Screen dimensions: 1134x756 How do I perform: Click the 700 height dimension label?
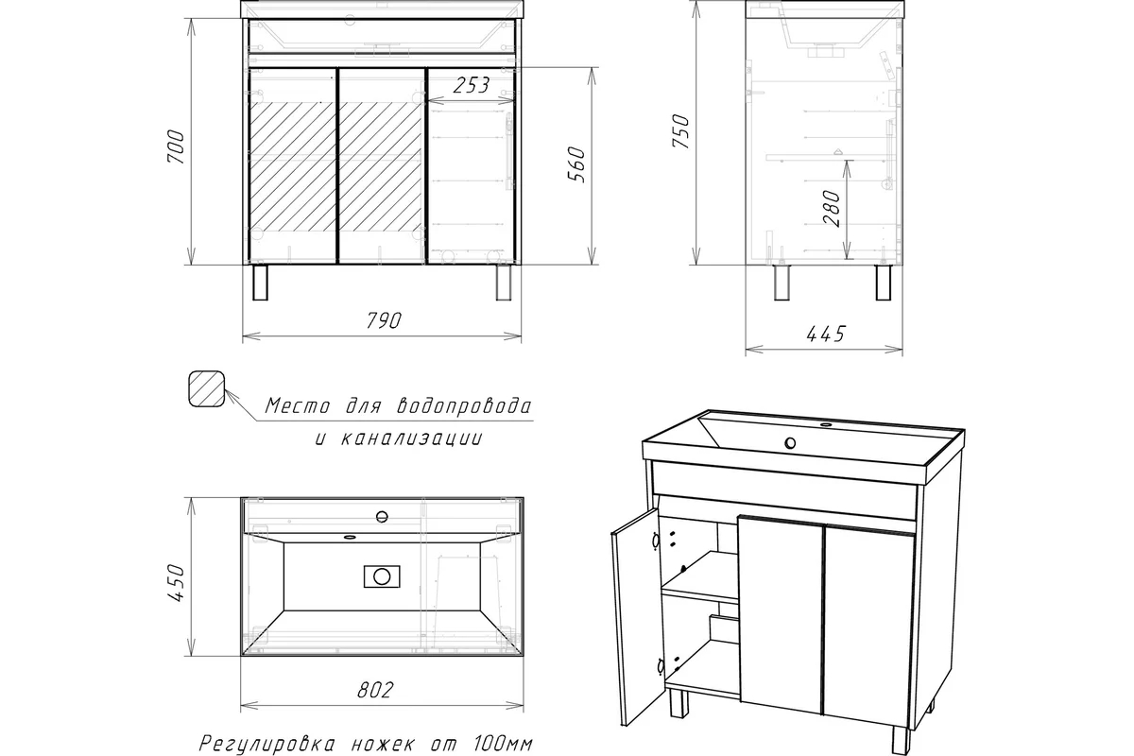[176, 146]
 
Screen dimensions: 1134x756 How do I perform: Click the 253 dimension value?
[471, 86]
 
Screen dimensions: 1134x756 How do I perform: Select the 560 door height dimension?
[576, 164]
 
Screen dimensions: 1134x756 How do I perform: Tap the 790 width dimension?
[384, 320]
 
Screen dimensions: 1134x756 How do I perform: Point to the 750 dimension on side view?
[681, 131]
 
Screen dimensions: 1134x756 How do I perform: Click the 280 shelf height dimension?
[832, 209]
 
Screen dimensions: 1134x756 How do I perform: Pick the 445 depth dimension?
[826, 334]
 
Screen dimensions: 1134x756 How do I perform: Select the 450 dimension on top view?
[176, 583]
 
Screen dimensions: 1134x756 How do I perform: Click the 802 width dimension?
[375, 690]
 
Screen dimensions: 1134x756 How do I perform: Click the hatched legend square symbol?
[207, 389]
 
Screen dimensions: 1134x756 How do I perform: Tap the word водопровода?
[464, 406]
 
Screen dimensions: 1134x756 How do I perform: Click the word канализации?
[412, 438]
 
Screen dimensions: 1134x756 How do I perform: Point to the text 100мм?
[503, 744]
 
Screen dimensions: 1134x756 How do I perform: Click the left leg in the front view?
[260, 283]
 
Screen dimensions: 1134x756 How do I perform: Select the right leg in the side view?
[884, 283]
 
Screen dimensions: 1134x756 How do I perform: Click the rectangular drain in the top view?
[382, 576]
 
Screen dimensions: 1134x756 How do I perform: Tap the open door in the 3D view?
[636, 617]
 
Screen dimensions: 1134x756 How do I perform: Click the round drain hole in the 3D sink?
[790, 443]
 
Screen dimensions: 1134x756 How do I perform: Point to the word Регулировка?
[266, 744]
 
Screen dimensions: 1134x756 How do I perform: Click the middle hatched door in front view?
[381, 165]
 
